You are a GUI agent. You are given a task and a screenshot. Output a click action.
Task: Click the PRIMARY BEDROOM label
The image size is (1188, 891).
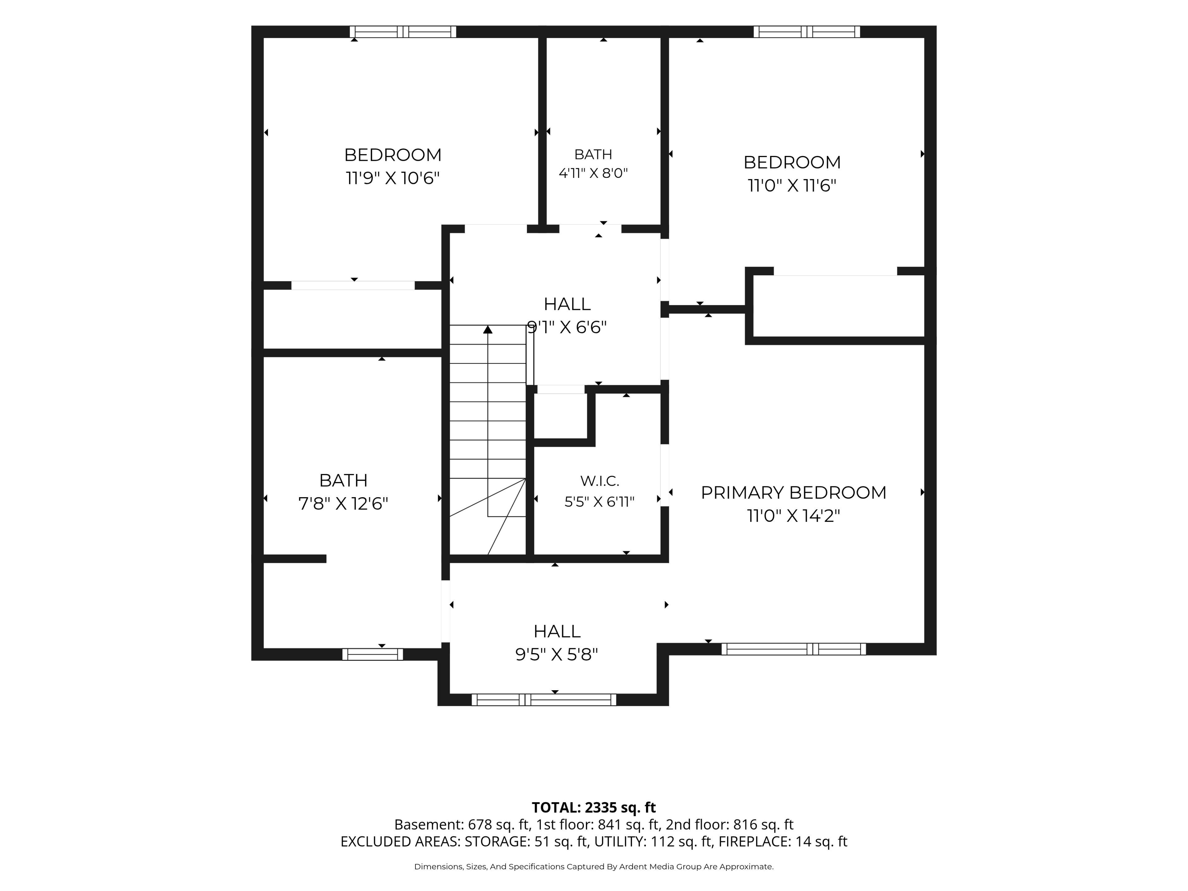pos(793,493)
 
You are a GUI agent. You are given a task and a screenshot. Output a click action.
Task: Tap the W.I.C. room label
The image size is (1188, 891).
pos(599,481)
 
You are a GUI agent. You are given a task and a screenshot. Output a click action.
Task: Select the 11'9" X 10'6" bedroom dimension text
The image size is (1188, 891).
pos(393,178)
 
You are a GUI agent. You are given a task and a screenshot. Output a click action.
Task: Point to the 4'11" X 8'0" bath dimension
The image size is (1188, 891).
pos(593,173)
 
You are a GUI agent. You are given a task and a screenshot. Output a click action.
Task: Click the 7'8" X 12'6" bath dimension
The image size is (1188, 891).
pos(343,504)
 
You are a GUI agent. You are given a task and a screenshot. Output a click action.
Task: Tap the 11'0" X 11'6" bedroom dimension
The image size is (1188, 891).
pos(792,185)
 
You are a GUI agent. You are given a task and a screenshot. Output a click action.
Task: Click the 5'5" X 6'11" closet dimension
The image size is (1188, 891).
pos(599,501)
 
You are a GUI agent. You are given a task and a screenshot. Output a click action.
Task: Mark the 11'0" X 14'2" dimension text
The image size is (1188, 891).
pos(793,516)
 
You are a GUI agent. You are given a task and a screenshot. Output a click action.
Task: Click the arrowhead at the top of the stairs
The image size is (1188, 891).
pos(488,329)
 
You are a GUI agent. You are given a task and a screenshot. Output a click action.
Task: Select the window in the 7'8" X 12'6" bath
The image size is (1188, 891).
pos(373,654)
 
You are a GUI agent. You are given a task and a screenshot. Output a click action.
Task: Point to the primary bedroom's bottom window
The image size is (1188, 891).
pos(794,649)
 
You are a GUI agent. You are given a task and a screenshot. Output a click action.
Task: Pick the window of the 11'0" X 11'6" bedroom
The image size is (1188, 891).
pos(807,32)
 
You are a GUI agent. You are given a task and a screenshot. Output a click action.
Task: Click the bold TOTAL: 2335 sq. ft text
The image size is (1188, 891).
pos(594,808)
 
